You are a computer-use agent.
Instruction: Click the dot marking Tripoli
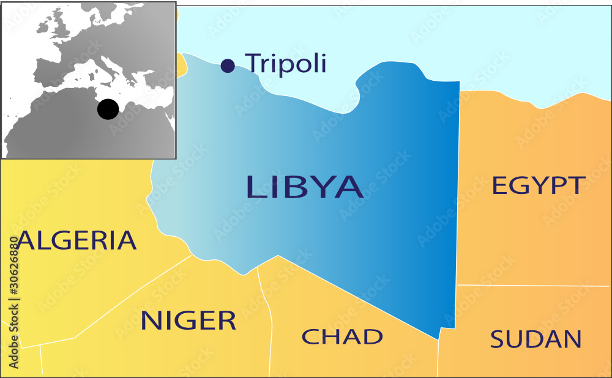tap(228, 65)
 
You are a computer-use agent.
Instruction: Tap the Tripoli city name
tap(285, 64)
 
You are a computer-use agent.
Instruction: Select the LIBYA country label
tap(304, 187)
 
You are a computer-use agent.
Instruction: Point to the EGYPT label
tap(539, 185)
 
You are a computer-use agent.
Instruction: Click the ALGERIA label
tap(76, 240)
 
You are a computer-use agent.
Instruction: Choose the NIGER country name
tap(188, 321)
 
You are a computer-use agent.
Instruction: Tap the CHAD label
tap(342, 336)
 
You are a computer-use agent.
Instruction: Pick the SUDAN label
tap(535, 339)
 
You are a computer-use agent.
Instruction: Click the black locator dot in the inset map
tap(108, 109)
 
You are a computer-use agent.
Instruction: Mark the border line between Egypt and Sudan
tap(532, 286)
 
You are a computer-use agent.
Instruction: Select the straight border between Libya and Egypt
tap(459, 183)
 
